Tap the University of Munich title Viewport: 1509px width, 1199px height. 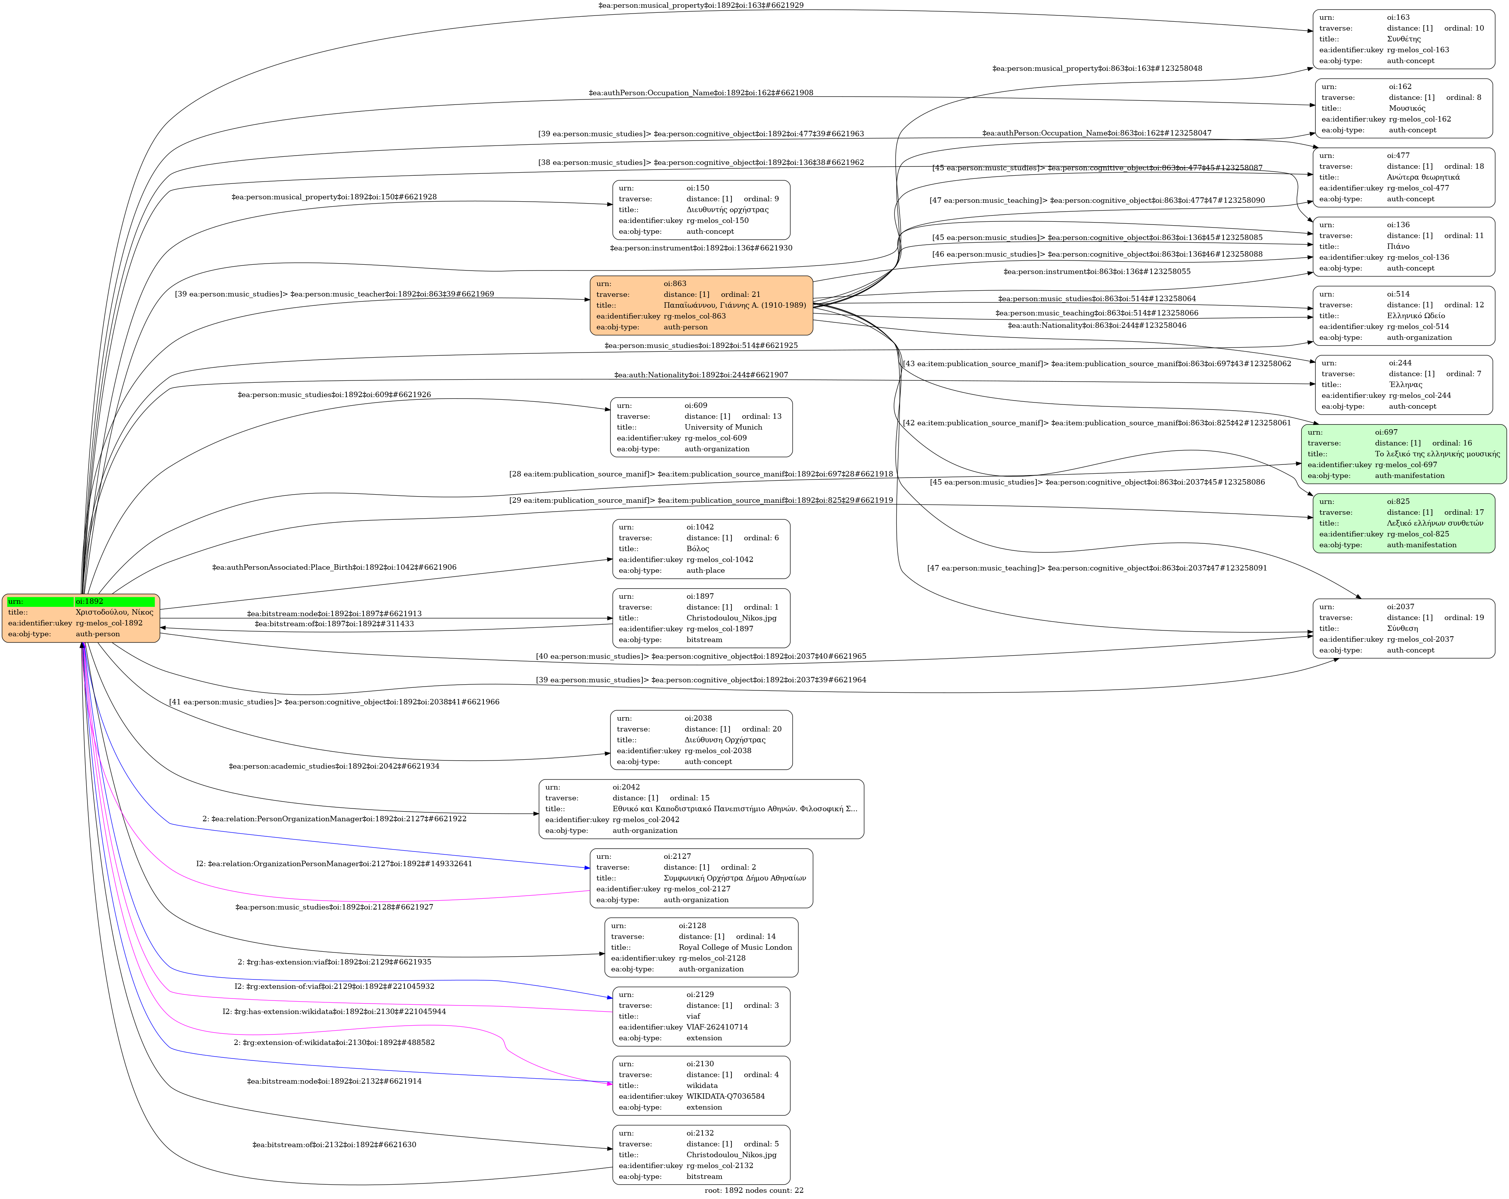tap(723, 427)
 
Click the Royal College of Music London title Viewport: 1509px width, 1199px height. tap(735, 947)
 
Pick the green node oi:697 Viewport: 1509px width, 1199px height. tap(1403, 454)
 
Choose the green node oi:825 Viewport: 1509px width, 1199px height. tap(1403, 523)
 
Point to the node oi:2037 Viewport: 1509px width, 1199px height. tap(1403, 628)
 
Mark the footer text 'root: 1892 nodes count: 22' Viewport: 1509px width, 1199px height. tap(754, 1190)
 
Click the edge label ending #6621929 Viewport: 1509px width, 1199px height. tap(701, 5)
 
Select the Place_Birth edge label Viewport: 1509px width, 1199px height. tap(334, 567)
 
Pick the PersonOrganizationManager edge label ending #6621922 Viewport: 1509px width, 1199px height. tap(334, 818)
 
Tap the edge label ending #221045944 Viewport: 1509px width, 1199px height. tap(334, 1011)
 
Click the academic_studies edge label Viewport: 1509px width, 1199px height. tap(334, 766)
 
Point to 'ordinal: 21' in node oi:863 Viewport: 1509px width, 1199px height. tap(740, 295)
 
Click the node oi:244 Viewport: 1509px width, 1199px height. tap(1403, 384)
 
